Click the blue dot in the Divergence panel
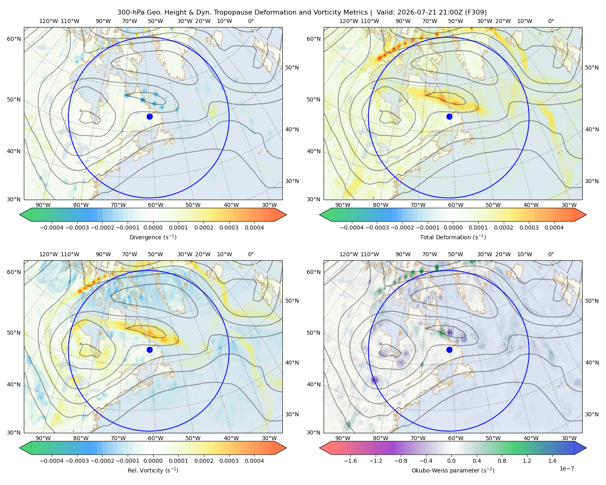point(149,116)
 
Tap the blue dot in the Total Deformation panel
point(449,116)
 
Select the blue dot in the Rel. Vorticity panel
point(149,350)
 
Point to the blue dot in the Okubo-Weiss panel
point(449,350)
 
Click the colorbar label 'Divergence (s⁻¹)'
point(153,237)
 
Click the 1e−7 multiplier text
point(566,468)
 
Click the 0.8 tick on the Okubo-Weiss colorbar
point(502,461)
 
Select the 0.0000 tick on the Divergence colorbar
point(153,228)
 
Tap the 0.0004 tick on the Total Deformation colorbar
point(554,228)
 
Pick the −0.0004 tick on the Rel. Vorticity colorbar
point(52,461)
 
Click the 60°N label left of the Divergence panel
point(14,39)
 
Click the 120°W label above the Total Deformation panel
point(348,21)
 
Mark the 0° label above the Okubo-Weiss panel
point(551,254)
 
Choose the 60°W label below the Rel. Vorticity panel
point(156,438)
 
